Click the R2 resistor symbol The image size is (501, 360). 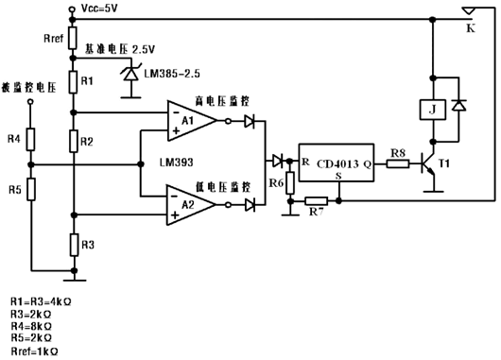coord(73,142)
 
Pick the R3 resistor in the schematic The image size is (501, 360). coord(73,245)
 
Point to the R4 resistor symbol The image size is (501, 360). coord(30,141)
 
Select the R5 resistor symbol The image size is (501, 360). coord(30,188)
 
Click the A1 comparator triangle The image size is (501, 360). coord(190,120)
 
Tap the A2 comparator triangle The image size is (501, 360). coord(190,203)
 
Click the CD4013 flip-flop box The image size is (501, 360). coord(340,163)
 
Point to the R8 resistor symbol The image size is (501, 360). coord(398,163)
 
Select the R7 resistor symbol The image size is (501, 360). coord(316,201)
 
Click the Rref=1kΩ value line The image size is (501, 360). coord(33,351)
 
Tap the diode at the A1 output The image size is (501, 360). coord(249,120)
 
